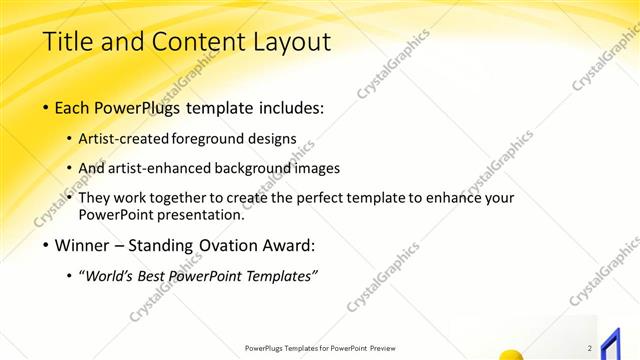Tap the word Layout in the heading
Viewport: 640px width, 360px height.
[x=289, y=42]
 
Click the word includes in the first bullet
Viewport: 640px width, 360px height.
[x=288, y=107]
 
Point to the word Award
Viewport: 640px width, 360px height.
[x=290, y=245]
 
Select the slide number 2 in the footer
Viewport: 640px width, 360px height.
[x=590, y=347]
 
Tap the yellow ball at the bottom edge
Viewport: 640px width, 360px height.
[x=511, y=354]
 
